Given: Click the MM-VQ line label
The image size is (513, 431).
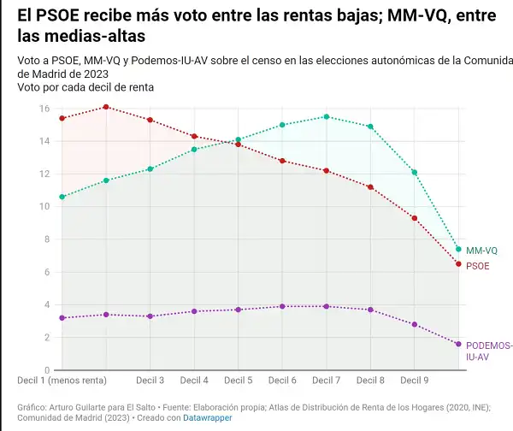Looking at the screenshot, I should coord(481,251).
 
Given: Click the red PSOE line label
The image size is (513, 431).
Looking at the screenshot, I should coord(478,267).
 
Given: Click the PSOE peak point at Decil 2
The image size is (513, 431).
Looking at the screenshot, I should coord(106,107).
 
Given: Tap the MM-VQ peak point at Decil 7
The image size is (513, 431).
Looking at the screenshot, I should coord(327,116).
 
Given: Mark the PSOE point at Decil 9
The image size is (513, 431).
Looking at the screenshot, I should coord(415,218).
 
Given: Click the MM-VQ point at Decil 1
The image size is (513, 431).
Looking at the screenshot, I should coord(62,197).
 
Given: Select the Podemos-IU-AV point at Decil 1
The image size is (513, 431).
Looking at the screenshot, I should coord(62,318).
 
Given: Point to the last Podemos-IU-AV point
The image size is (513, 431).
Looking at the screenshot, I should coord(459,344).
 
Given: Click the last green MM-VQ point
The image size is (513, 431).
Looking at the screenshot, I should coord(459,249).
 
